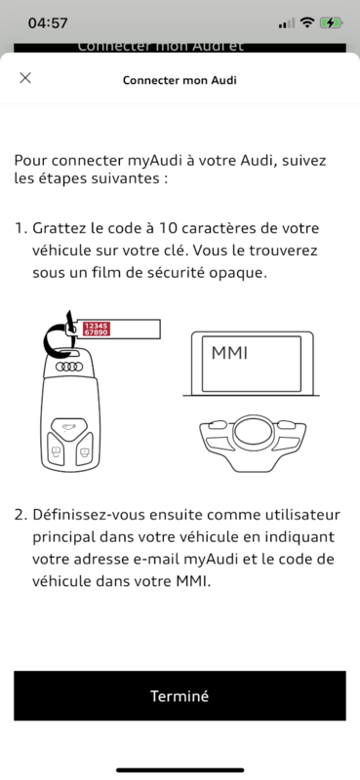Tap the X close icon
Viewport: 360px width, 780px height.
(x=25, y=78)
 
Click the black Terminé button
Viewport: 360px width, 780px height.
(x=180, y=695)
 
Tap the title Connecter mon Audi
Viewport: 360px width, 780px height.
(x=180, y=80)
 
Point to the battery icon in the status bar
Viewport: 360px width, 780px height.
(x=331, y=22)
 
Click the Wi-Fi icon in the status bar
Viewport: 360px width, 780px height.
(x=308, y=22)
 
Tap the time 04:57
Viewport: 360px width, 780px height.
(x=48, y=22)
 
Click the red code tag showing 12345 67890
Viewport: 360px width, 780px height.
(x=97, y=329)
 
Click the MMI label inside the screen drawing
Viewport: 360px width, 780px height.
(x=229, y=353)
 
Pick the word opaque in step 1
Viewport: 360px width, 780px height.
(x=242, y=273)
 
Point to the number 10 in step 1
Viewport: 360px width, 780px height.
(x=164, y=228)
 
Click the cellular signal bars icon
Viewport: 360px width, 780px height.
(x=287, y=23)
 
